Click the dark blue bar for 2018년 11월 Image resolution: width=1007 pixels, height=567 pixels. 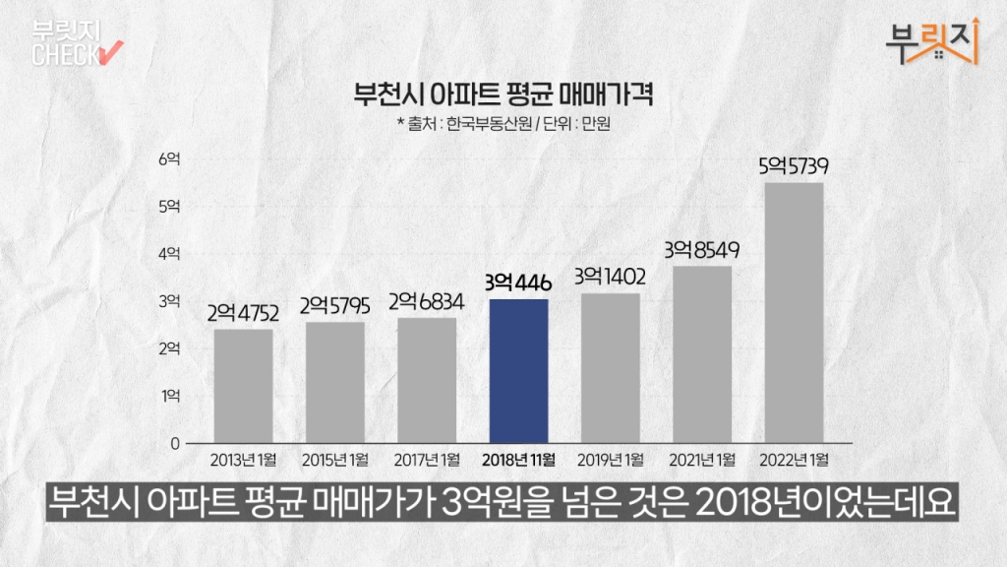[518, 371]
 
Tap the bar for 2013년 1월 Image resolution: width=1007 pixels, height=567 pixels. [243, 386]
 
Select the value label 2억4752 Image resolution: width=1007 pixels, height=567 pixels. [243, 314]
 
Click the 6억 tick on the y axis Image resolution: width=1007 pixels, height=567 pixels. [169, 158]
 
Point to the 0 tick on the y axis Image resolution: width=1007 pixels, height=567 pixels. [175, 444]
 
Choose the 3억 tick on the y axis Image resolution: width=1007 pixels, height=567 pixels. [169, 301]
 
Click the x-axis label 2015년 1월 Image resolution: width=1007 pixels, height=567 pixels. [334, 460]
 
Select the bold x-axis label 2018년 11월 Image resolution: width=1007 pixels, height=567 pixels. [518, 460]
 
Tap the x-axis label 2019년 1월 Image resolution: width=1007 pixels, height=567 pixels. [610, 460]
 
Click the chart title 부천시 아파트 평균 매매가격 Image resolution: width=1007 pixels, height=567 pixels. [503, 96]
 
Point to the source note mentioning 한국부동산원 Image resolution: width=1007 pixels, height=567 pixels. [503, 124]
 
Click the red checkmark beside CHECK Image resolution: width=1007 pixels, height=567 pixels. [110, 50]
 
